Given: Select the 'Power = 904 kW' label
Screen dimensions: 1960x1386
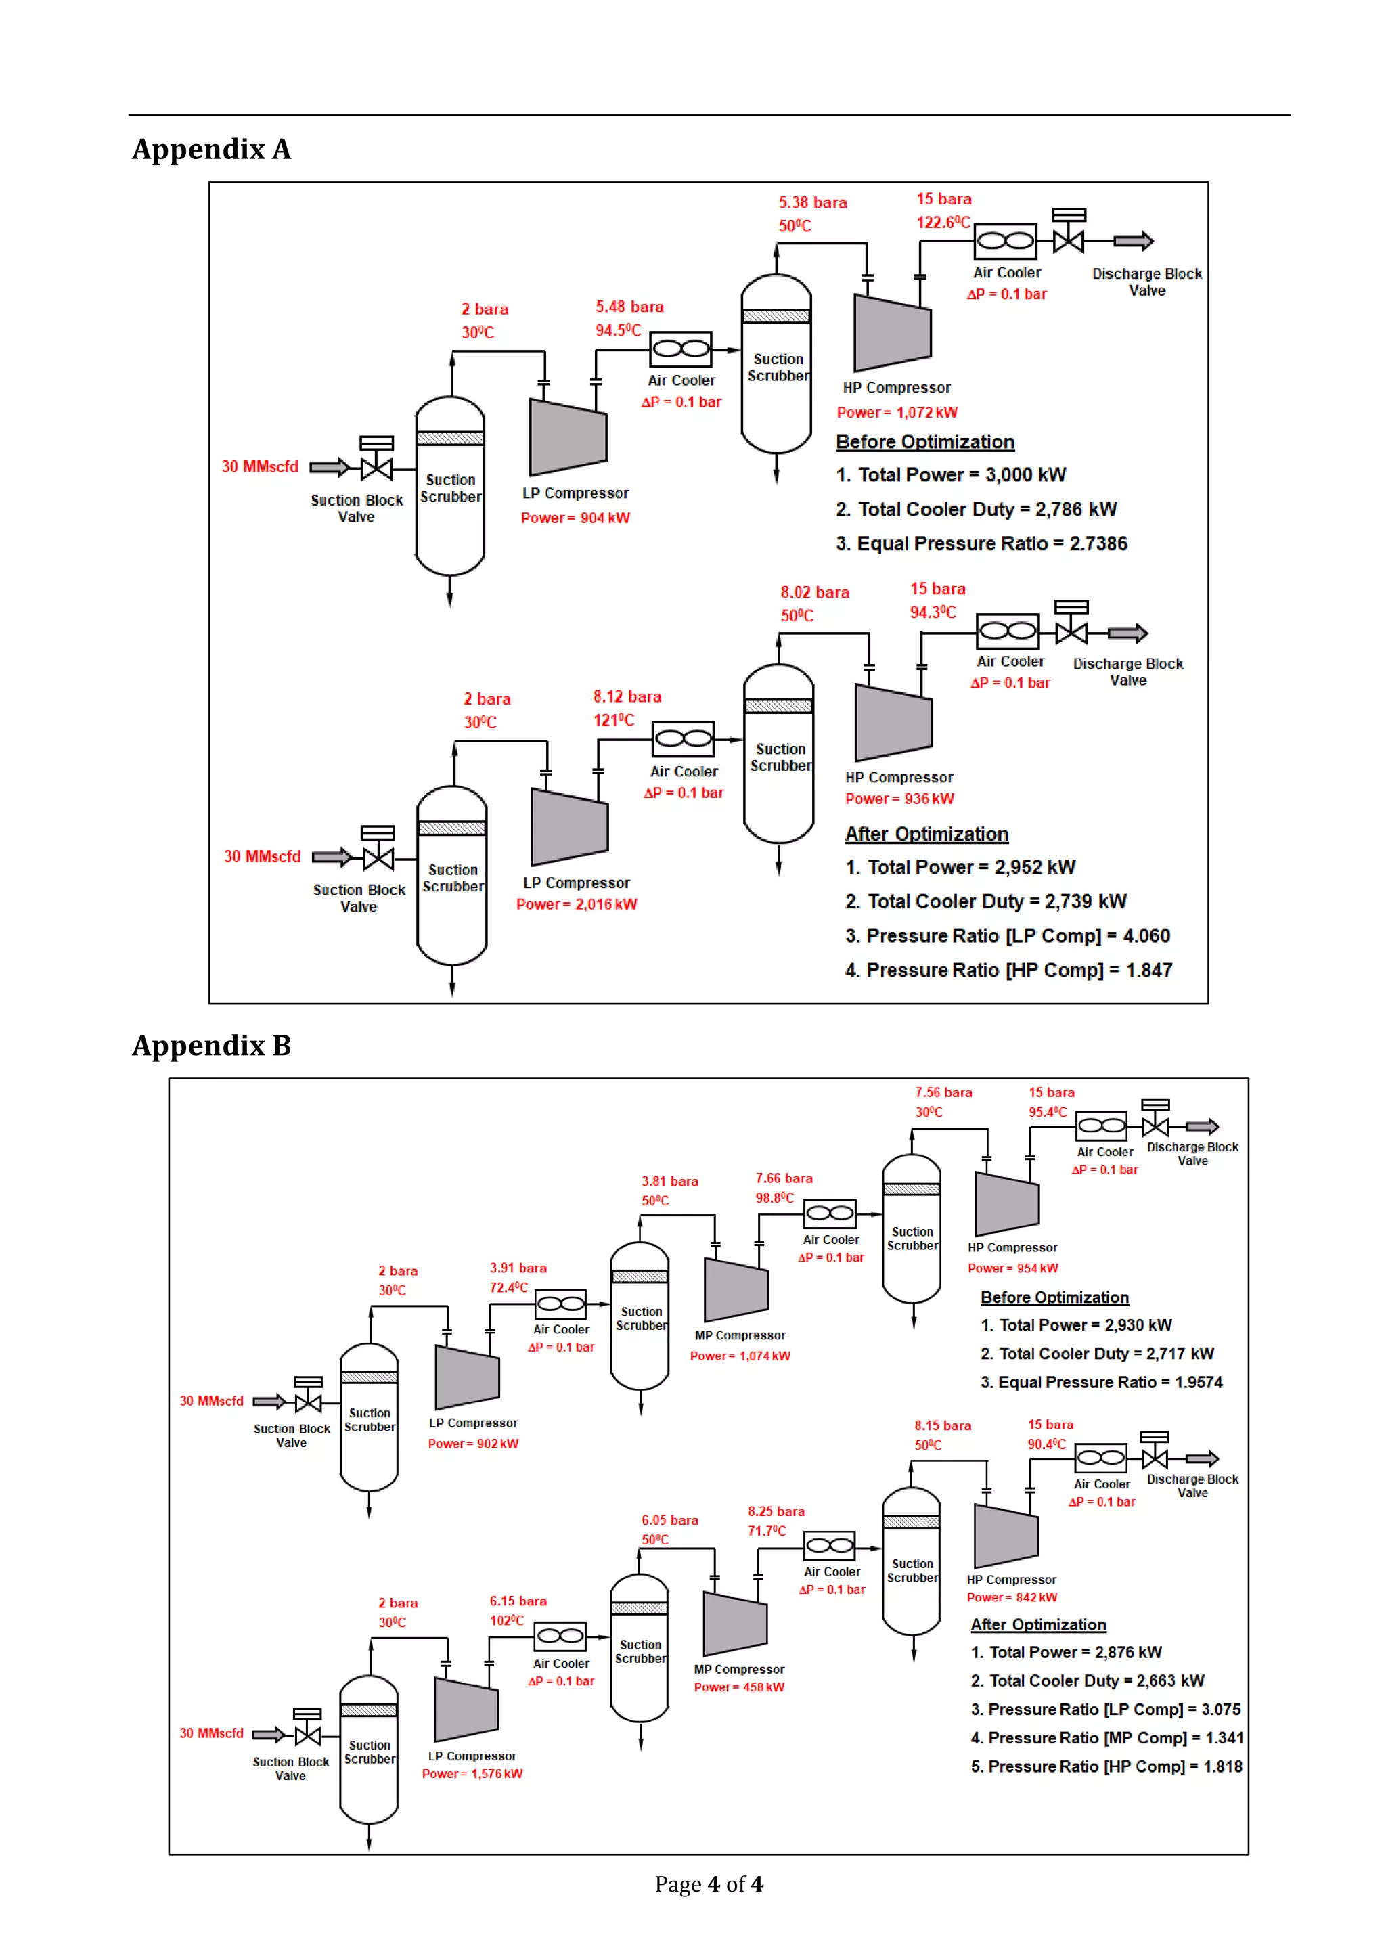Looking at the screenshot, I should (575, 518).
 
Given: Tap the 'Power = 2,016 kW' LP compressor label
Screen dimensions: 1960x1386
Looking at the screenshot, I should (576, 905).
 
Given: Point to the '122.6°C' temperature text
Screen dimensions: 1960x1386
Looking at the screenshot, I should (942, 223).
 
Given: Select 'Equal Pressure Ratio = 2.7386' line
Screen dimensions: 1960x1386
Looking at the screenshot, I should (981, 543).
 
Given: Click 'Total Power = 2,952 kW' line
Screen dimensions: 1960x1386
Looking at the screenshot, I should (960, 868).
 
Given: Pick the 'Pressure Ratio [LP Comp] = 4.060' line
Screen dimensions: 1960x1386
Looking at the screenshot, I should (1007, 937).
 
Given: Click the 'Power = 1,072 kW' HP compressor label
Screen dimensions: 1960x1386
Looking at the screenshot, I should (897, 413).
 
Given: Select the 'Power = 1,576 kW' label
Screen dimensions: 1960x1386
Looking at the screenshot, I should (472, 1774).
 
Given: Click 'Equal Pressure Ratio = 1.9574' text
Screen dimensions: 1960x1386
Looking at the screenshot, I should (1101, 1382).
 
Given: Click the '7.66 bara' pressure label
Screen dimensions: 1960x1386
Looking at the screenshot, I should (784, 1179).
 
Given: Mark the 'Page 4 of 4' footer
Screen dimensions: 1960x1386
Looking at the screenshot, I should (709, 1885).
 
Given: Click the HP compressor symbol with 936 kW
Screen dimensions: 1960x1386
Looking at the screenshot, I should (893, 722).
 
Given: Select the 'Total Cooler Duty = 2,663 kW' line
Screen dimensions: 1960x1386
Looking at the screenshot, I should (1088, 1681).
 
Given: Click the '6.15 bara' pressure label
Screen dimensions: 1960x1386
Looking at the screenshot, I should (518, 1601).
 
